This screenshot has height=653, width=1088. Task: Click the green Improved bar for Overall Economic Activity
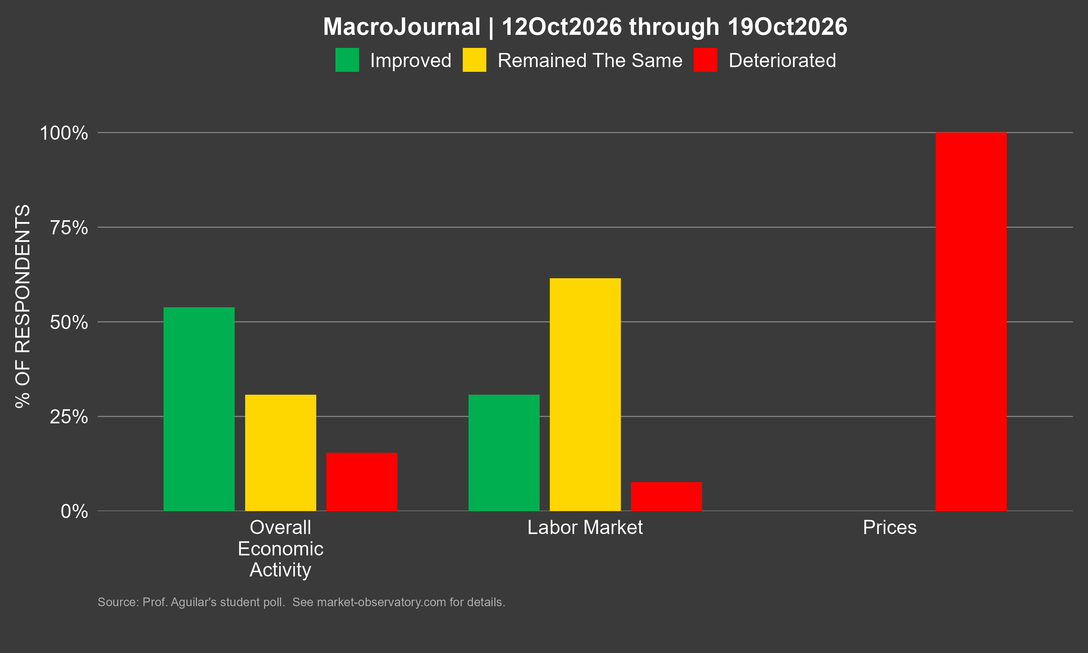199,409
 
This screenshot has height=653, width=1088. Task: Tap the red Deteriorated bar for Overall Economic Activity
362,482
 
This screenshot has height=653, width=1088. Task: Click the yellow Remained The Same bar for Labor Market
585,394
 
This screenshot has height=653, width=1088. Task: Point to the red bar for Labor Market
666,496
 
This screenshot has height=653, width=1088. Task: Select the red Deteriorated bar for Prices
971,322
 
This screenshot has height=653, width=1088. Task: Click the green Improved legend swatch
347,60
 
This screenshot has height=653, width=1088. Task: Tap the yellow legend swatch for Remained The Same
474,60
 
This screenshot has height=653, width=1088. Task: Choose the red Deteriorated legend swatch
705,60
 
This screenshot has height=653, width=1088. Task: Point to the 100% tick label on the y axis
64,133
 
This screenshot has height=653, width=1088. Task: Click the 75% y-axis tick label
69,227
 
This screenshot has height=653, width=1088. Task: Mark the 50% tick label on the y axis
69,322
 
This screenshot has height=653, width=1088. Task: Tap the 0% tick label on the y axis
74,511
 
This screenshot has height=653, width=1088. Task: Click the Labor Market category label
585,527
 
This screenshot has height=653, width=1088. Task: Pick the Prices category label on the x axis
890,527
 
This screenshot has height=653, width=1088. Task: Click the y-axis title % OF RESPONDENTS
23,306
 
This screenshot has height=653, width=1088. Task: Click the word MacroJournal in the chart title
401,27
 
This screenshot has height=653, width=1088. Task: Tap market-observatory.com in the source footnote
381,602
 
